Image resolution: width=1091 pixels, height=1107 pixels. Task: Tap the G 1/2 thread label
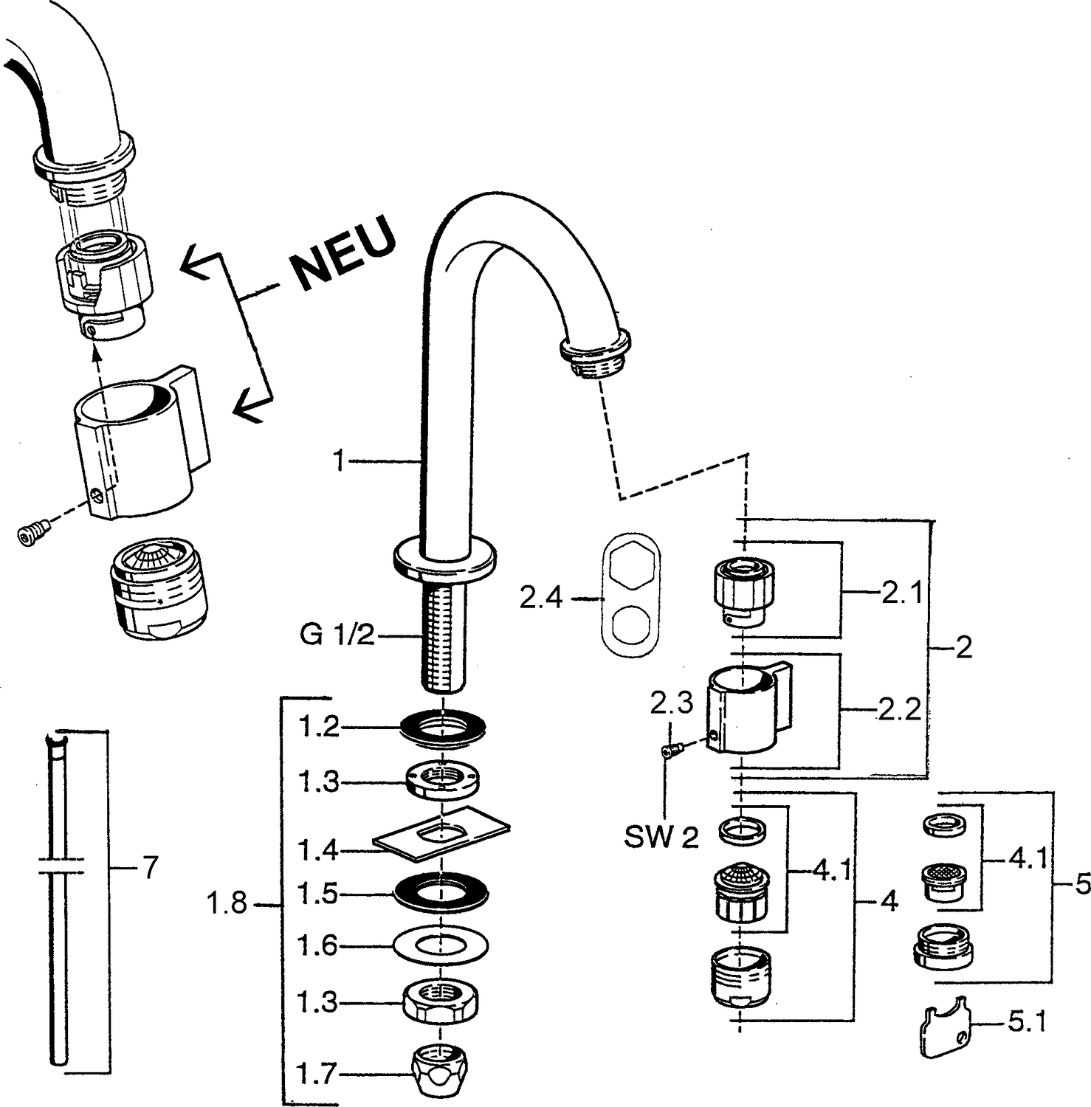[337, 635]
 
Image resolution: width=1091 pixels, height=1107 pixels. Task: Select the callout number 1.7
[318, 1074]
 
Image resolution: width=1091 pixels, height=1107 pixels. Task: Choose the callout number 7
[150, 868]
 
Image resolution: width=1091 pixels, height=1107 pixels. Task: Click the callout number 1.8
[227, 903]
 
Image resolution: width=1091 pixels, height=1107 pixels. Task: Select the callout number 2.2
[900, 710]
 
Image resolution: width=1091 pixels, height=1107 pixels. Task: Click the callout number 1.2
[318, 728]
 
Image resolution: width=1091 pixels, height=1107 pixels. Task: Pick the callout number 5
[1083, 883]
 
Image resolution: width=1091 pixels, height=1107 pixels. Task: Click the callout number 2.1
[902, 592]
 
